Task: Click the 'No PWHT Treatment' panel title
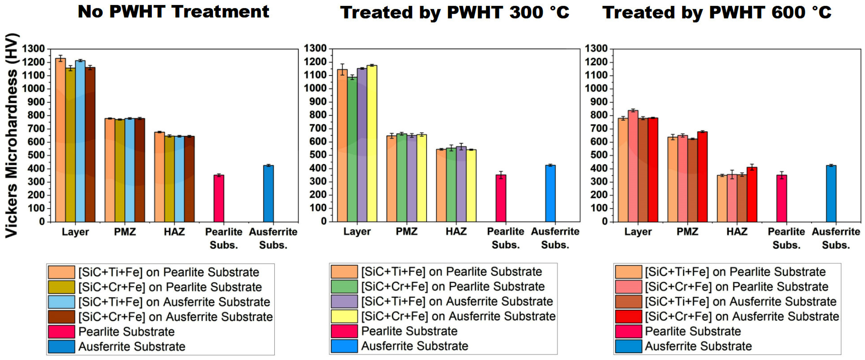173,12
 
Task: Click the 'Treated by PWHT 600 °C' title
717,12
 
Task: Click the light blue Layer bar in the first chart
80,141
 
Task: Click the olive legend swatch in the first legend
61,287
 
